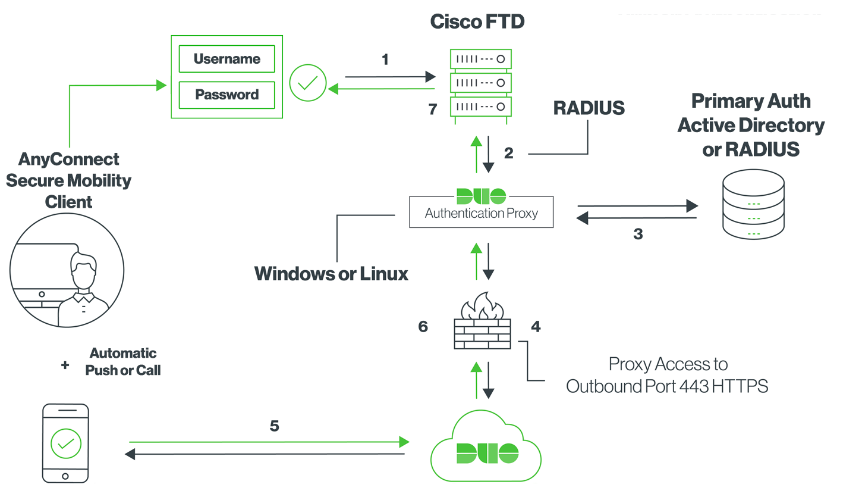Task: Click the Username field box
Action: (x=226, y=59)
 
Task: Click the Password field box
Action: (x=226, y=95)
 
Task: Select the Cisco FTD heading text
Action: (x=477, y=22)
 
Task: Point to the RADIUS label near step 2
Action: (x=589, y=108)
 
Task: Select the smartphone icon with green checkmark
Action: (x=65, y=443)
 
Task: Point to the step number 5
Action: (x=274, y=426)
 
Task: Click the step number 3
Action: (x=638, y=234)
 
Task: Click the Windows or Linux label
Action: (x=331, y=274)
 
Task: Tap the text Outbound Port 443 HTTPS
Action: (x=666, y=386)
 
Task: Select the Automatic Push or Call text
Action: (x=122, y=362)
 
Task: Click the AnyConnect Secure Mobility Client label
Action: (x=69, y=180)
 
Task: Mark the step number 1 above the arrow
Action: (x=385, y=60)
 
